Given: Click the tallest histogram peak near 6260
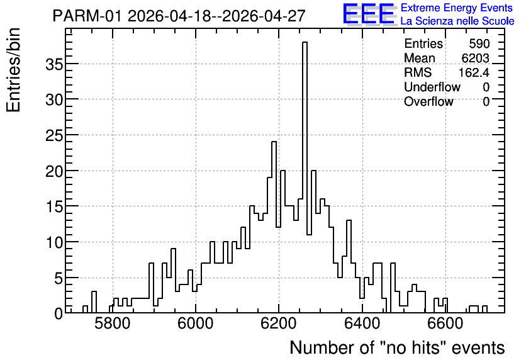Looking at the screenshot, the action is point(305,42).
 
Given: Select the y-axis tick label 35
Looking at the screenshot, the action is point(54,64).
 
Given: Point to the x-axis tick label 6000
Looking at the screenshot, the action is point(195,323).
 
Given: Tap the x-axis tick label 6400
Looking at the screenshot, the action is point(362,323).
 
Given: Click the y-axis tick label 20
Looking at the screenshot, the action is point(54,171).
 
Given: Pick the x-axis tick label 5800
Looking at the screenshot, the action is point(112,323).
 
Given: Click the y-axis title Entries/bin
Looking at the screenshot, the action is point(13,70).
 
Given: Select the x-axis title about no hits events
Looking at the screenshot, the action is point(397,347).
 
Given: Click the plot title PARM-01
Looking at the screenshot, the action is point(87,16).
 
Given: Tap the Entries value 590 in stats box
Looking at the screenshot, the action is point(479,43).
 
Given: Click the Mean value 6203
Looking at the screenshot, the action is point(475,58).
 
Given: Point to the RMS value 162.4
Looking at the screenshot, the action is point(474,72).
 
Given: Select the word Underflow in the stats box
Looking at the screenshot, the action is point(432,87).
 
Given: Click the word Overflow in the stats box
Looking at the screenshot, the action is point(428,101).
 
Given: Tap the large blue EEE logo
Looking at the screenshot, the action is point(369,14).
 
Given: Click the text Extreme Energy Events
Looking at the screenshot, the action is point(457,8).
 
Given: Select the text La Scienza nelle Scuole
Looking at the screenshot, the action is point(457,21).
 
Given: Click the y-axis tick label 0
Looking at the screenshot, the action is point(59,313).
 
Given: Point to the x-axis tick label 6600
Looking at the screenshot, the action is point(445,323).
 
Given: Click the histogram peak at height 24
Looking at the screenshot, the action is point(274,142).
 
